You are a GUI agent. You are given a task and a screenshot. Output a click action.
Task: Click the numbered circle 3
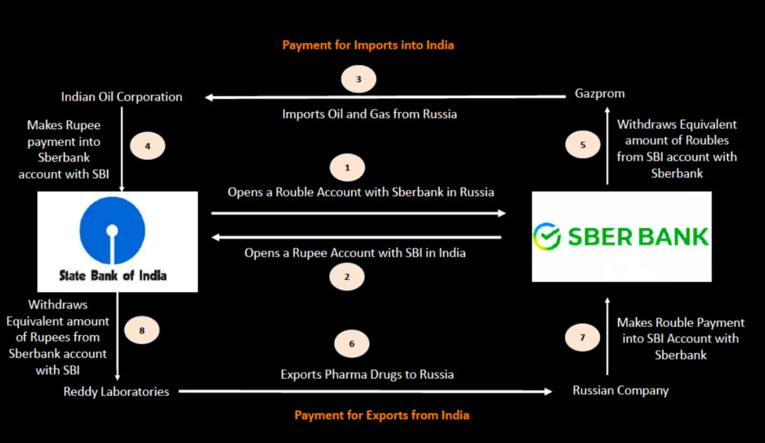[x=359, y=79]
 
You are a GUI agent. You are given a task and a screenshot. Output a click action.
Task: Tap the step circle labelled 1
[x=347, y=167]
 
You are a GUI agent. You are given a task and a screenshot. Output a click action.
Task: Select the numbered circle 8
[x=142, y=330]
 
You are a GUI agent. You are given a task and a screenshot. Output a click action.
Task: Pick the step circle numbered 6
[x=352, y=343]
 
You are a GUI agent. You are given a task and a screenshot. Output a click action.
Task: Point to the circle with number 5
[x=582, y=144]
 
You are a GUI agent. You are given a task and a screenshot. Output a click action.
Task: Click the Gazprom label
[x=600, y=93]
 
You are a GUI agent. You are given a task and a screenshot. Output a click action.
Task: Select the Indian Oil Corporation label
[x=121, y=97]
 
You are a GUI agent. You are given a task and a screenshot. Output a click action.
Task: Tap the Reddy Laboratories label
[x=116, y=391]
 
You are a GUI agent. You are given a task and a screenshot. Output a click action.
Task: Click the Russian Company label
[x=621, y=390]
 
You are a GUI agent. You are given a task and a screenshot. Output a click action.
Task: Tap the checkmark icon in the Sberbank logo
[x=547, y=236]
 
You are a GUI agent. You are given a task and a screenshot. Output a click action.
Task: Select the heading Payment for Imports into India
[x=368, y=45]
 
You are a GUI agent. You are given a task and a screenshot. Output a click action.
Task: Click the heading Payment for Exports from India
[x=382, y=415]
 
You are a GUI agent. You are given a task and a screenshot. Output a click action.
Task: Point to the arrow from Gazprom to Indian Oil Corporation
[x=385, y=97]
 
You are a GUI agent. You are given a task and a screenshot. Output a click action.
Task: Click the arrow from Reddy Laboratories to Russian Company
[x=366, y=391]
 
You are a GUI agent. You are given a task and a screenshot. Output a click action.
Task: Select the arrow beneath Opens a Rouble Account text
[x=359, y=213]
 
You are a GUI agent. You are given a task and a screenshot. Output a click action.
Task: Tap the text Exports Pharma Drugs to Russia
[x=367, y=374]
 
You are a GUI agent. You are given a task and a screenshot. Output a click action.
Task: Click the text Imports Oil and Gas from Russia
[x=370, y=114]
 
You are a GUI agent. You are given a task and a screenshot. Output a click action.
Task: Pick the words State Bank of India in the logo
[x=113, y=276]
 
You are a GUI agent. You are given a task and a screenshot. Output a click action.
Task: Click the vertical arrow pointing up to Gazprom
[x=607, y=146]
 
